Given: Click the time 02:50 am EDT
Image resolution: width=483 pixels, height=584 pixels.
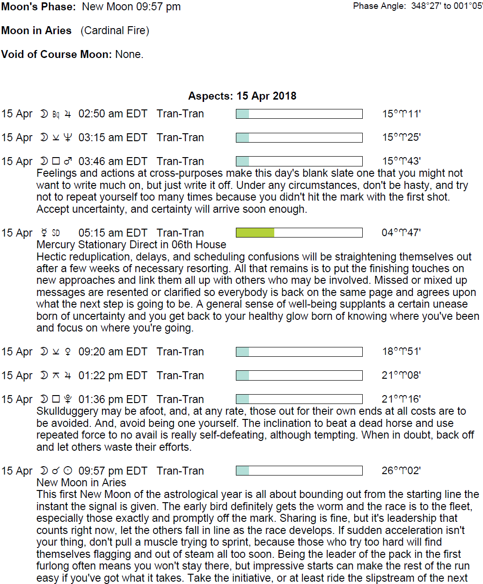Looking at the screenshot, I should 112,114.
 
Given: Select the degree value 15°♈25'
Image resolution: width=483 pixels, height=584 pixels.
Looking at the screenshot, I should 401,137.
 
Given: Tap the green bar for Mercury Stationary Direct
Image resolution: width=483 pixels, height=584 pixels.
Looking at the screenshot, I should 255,233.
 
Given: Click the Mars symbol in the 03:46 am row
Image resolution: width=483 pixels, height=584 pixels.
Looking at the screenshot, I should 68,161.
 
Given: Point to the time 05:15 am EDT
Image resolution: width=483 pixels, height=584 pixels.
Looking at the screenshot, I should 112,233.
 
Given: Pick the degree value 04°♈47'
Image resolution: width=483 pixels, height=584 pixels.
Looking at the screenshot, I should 401,233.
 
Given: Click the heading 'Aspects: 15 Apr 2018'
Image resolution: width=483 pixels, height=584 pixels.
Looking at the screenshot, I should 242,96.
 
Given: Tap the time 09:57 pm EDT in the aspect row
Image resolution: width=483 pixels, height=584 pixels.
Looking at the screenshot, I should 112,471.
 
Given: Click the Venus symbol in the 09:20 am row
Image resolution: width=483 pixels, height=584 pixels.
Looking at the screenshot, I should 68,352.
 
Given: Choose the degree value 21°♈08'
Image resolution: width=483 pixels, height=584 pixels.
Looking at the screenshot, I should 401,375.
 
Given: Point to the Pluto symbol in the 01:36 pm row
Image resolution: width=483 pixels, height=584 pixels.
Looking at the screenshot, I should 68,399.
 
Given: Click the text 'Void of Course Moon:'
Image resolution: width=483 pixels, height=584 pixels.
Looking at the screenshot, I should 56,54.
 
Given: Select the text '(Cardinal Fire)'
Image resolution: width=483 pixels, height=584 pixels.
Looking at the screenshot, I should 115,31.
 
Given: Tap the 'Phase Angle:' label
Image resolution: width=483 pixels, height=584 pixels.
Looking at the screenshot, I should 379,6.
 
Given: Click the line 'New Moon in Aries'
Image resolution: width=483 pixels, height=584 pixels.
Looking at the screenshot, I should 81,483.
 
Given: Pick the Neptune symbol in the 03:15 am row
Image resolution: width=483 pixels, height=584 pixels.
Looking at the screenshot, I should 68,137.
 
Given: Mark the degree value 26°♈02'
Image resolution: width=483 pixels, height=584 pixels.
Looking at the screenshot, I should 401,471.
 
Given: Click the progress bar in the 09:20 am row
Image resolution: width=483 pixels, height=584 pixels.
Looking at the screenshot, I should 299,352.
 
